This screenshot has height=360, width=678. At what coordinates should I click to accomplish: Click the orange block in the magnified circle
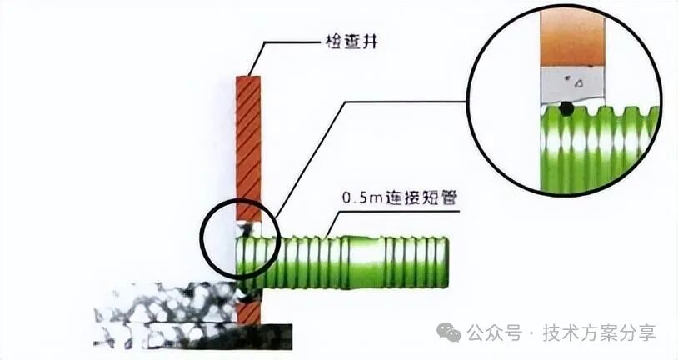tap(571, 37)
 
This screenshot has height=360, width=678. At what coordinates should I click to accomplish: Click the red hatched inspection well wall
tap(247, 142)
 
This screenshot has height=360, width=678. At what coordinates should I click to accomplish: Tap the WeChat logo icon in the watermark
tap(451, 332)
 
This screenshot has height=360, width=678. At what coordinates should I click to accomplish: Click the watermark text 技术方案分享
tap(599, 332)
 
